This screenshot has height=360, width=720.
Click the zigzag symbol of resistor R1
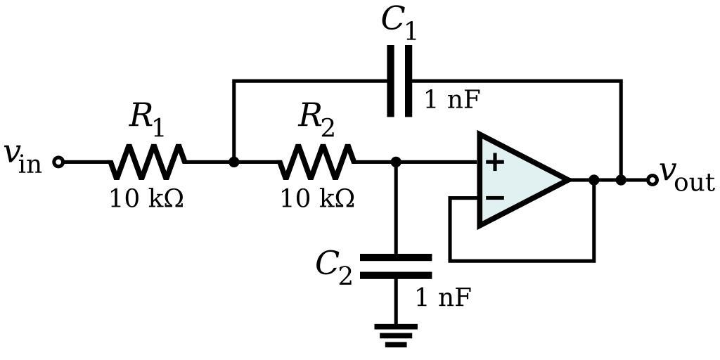(148, 162)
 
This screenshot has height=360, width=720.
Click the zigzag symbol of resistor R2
(317, 162)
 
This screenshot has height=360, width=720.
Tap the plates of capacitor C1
(399, 81)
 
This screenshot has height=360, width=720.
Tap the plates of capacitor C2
(396, 266)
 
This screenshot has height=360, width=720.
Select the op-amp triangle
(520, 179)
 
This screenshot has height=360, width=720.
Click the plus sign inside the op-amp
(495, 162)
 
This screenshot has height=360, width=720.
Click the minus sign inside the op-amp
(495, 198)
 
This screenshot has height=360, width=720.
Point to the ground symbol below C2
(396, 335)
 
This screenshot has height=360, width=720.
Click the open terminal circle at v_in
(59, 162)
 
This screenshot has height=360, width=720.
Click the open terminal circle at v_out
(652, 180)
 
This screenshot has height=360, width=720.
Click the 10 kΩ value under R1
(146, 200)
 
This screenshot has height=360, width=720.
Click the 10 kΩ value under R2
(317, 200)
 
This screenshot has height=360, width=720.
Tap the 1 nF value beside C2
(442, 298)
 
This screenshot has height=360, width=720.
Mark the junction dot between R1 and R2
(234, 162)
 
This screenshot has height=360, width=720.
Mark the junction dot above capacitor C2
(396, 162)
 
